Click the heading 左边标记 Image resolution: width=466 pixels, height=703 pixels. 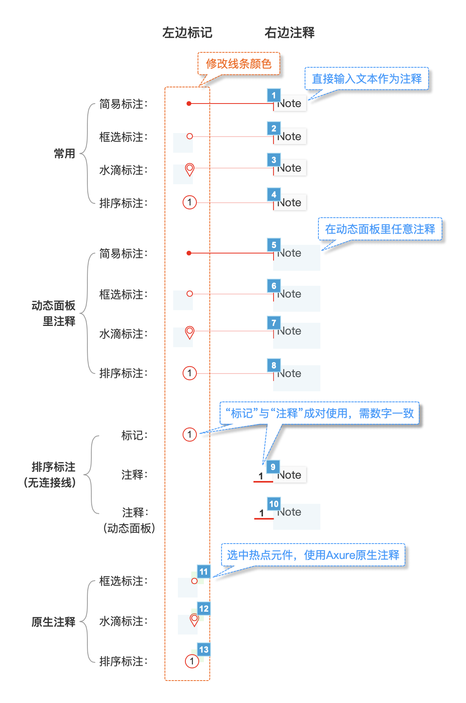click(187, 32)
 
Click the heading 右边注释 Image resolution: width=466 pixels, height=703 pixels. click(290, 32)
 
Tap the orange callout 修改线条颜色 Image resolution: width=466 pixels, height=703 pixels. click(239, 63)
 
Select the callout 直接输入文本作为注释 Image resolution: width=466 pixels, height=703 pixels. click(366, 79)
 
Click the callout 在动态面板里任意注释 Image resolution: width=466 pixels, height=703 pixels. click(380, 229)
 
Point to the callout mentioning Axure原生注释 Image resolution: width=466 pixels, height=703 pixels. click(313, 555)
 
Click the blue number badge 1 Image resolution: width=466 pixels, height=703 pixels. click(274, 95)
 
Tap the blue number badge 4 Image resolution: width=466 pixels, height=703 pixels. click(274, 194)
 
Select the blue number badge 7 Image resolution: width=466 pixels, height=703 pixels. click(274, 323)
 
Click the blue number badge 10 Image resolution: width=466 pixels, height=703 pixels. click(274, 504)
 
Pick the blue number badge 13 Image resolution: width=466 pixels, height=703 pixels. click(204, 649)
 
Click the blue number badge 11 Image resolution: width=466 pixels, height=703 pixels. click(203, 572)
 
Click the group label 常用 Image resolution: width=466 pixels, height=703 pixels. click(65, 154)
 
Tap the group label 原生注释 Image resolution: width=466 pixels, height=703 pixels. click(54, 622)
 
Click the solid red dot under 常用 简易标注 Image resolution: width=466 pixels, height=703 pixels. click(189, 104)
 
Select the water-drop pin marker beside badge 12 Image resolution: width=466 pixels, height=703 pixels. click(194, 620)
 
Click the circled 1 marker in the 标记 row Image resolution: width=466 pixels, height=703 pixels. click(190, 435)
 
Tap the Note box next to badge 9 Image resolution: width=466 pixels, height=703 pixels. click(290, 475)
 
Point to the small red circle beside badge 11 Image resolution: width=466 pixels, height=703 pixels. click(194, 581)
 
